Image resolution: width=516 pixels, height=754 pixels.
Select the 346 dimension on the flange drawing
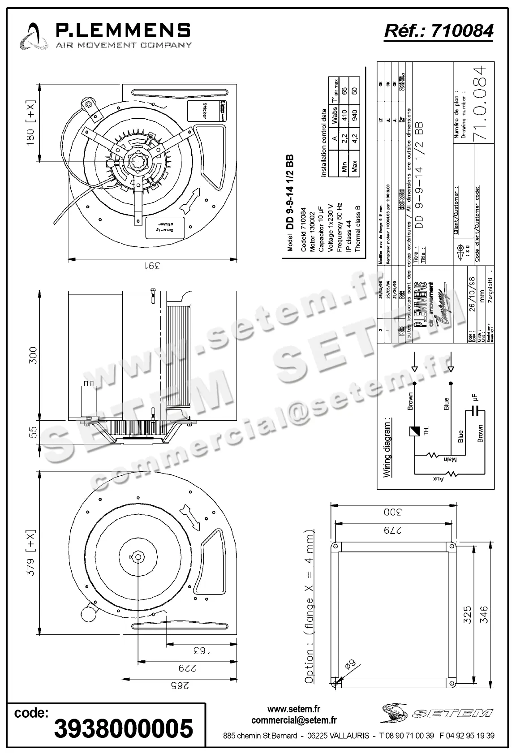point(484,615)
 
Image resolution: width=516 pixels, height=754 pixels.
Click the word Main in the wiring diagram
point(449,460)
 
